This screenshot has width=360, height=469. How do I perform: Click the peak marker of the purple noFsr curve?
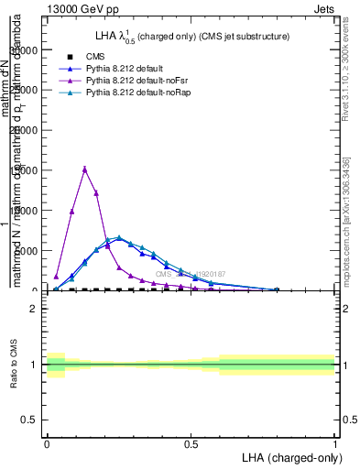pos(84,169)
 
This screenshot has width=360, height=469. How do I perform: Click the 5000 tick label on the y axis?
pos(27,250)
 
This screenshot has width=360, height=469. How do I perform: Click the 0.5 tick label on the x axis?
pos(191,442)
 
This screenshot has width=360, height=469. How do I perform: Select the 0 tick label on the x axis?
pos(47,442)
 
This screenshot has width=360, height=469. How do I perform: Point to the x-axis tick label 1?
pos(335,442)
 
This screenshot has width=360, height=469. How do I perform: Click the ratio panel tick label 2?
pos(33,309)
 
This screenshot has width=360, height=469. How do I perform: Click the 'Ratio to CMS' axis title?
pos(13,365)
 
